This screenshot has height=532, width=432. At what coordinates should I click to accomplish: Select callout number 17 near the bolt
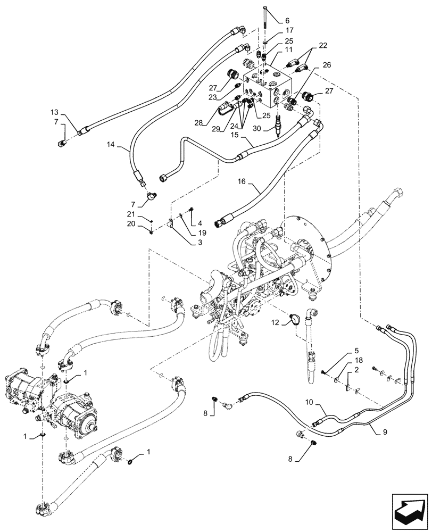[x=289, y=30]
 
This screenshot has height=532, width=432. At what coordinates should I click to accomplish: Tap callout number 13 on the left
[x=55, y=112]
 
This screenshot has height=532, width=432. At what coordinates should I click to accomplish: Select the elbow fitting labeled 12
[x=293, y=319]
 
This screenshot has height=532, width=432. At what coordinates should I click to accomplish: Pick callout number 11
[x=289, y=49]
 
